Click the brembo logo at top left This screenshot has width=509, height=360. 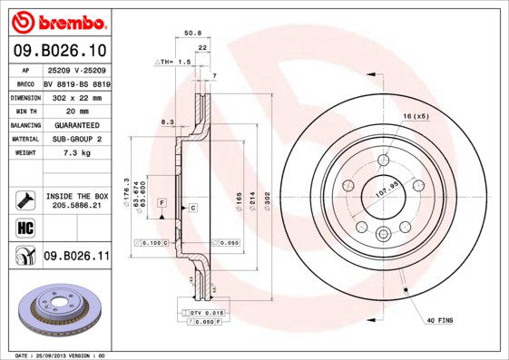[x=57, y=21]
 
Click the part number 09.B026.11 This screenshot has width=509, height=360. [x=76, y=257]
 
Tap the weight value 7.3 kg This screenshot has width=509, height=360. [x=75, y=153]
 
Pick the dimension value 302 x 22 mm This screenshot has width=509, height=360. [x=76, y=96]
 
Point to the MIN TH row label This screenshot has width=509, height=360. [x=24, y=110]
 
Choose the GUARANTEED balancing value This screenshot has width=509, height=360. [x=76, y=124]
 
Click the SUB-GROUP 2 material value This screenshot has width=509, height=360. [x=76, y=139]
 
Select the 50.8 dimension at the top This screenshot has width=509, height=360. [x=192, y=33]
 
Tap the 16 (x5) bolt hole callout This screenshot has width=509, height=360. [x=416, y=117]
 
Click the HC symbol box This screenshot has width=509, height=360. [x=24, y=227]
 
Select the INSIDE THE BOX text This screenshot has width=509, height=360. [x=76, y=196]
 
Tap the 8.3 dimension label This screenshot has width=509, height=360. [x=167, y=122]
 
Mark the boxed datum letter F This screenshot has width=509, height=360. [x=161, y=200]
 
